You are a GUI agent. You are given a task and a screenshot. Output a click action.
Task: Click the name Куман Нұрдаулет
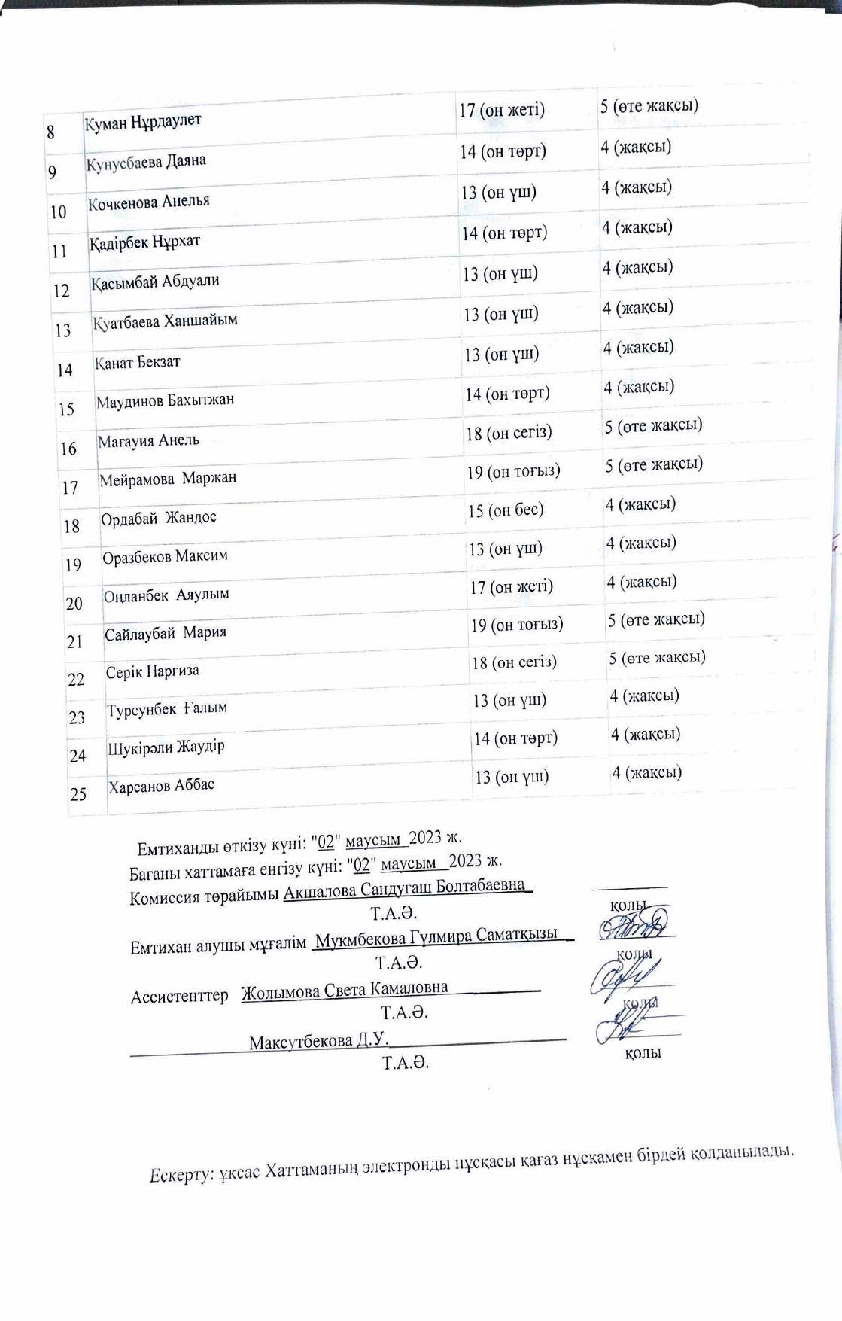(x=143, y=121)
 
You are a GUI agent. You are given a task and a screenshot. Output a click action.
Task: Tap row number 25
(x=78, y=793)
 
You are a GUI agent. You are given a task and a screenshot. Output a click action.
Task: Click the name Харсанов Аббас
(x=161, y=786)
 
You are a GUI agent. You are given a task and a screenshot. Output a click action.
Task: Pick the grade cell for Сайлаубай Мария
(x=656, y=619)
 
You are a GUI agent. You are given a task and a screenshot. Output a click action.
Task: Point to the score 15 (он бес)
(x=505, y=510)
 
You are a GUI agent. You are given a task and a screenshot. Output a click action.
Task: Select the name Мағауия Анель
(x=148, y=440)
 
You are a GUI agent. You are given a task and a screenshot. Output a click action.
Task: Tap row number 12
(x=62, y=291)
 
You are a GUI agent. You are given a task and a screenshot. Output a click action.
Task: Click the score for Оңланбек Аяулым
(x=511, y=586)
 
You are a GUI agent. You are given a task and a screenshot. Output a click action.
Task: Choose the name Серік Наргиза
(x=152, y=671)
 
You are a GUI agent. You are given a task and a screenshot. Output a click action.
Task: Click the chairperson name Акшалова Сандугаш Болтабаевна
(x=404, y=886)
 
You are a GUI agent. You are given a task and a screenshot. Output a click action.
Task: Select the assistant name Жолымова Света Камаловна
(x=345, y=988)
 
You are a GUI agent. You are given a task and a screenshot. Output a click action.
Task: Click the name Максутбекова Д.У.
(x=318, y=1042)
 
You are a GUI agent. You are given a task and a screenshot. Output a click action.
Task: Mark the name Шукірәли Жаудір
(x=166, y=747)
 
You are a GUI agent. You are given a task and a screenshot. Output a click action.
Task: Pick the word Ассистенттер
(x=179, y=997)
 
